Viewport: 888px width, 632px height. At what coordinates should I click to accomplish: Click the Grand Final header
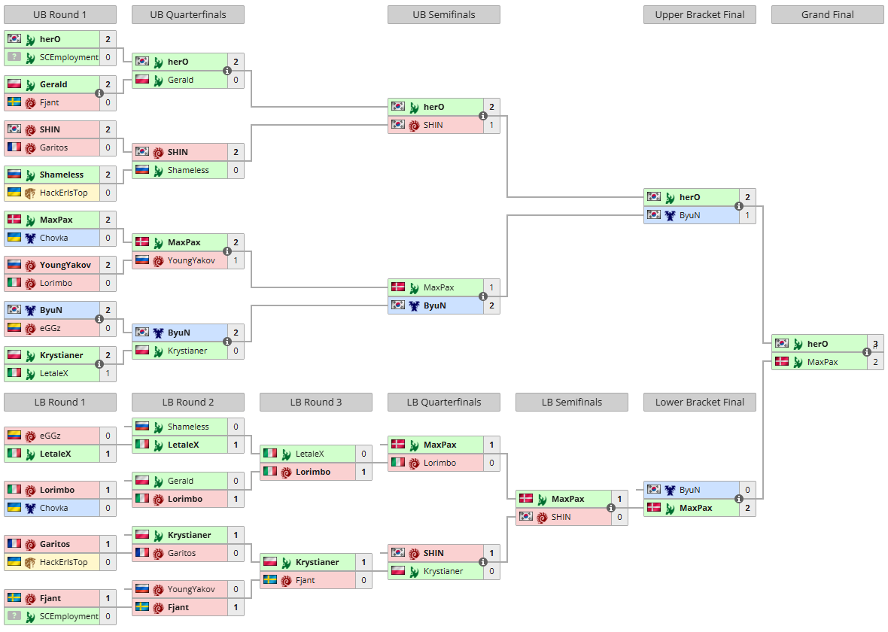[x=827, y=15]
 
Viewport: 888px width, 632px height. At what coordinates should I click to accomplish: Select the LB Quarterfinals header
[x=444, y=402]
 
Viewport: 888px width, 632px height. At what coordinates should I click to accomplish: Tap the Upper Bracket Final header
[x=699, y=15]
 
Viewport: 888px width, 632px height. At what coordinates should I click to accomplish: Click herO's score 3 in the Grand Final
[x=875, y=344]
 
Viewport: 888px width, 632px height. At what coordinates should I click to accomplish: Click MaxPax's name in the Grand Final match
[x=823, y=362]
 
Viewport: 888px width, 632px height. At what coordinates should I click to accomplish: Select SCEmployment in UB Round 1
[x=69, y=57]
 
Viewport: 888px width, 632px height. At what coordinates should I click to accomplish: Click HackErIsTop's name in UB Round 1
[x=63, y=193]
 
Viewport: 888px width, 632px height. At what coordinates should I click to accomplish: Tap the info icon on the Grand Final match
[x=866, y=352]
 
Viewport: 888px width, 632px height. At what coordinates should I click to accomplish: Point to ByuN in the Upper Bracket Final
[x=690, y=215]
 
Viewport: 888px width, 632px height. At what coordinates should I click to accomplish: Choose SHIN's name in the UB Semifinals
[x=433, y=125]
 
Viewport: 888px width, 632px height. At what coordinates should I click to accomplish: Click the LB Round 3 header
[x=316, y=402]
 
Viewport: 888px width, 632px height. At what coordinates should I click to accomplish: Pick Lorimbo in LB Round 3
[x=313, y=472]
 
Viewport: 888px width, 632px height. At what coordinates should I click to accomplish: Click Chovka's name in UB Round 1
[x=53, y=238]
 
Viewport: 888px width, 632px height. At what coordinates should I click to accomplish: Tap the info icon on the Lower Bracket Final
[x=738, y=499]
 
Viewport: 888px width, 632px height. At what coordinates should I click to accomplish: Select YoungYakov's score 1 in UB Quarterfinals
[x=236, y=260]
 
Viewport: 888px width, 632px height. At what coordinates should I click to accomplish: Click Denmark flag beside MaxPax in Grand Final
[x=782, y=361]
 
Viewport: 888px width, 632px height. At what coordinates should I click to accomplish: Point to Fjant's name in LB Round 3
[x=306, y=581]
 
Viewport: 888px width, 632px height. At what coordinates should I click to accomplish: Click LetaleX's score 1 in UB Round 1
[x=108, y=373]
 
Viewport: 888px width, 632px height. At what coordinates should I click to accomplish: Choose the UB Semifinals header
[x=444, y=15]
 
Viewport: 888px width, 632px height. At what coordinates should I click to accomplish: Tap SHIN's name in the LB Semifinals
[x=561, y=517]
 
